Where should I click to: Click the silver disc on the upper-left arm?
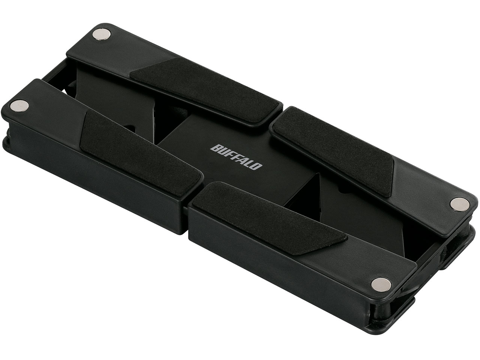coord(102,34)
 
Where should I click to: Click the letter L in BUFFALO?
coord(250,163)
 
